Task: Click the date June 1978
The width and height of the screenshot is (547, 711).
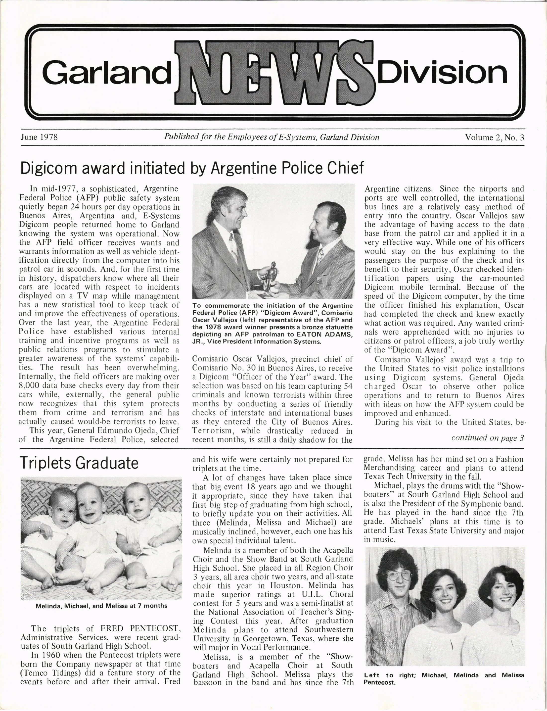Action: pos(39,137)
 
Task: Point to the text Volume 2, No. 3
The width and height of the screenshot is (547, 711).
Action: pos(494,137)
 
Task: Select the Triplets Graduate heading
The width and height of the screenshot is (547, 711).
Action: pos(79,463)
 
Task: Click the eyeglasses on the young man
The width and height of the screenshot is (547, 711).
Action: pos(400,575)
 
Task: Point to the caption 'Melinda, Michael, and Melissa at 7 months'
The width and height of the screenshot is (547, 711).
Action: pos(101,606)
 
